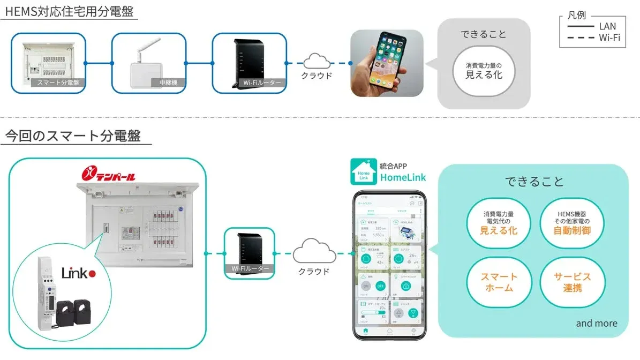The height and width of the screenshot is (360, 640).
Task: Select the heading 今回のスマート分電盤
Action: (73, 136)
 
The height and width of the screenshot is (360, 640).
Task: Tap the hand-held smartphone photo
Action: (387, 63)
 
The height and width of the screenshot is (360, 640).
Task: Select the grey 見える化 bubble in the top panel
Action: (484, 71)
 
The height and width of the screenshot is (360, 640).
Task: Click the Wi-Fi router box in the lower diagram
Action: (249, 253)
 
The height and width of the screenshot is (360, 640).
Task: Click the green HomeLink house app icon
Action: (364, 172)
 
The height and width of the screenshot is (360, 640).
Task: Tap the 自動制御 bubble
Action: (572, 225)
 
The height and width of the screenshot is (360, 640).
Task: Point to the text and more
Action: (597, 323)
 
